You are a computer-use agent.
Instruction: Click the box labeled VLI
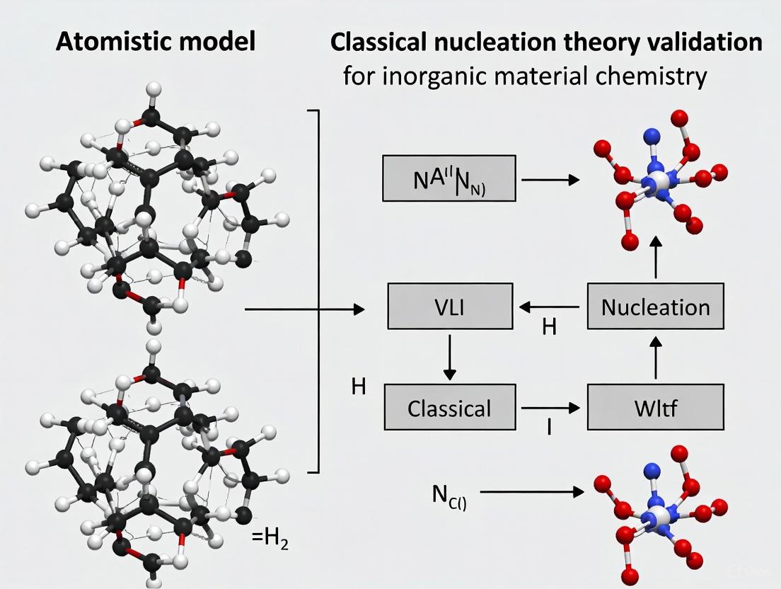coord(450,307)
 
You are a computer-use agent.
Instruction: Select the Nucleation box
coord(655,307)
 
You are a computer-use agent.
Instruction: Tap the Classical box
coord(449,408)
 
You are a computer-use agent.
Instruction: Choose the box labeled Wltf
coord(655,408)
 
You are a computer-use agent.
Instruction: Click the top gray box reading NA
coord(449,178)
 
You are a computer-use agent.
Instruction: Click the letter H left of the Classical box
coord(358,387)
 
